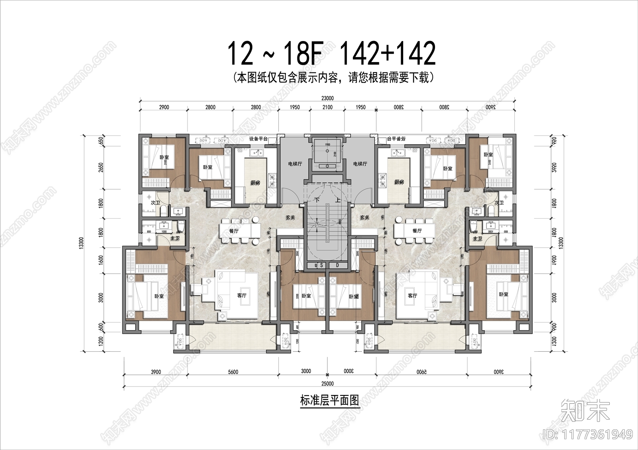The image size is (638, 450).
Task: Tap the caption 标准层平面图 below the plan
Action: [329, 400]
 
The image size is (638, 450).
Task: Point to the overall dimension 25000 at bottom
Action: [327, 383]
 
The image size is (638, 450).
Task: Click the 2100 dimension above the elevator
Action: [327, 107]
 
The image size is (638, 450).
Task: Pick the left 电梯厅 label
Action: [295, 164]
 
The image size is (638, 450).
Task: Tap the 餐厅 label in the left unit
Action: [234, 231]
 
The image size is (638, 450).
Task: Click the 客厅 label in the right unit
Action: [412, 295]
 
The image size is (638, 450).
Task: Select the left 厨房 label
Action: [255, 182]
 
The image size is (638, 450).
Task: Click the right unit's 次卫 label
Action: [498, 203]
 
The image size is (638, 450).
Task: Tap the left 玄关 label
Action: [290, 217]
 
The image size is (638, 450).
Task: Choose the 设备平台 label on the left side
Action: [258, 139]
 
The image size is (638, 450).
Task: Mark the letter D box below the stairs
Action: [337, 265]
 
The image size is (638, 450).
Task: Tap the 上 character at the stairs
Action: [338, 200]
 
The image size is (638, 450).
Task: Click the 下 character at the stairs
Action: [317, 200]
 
